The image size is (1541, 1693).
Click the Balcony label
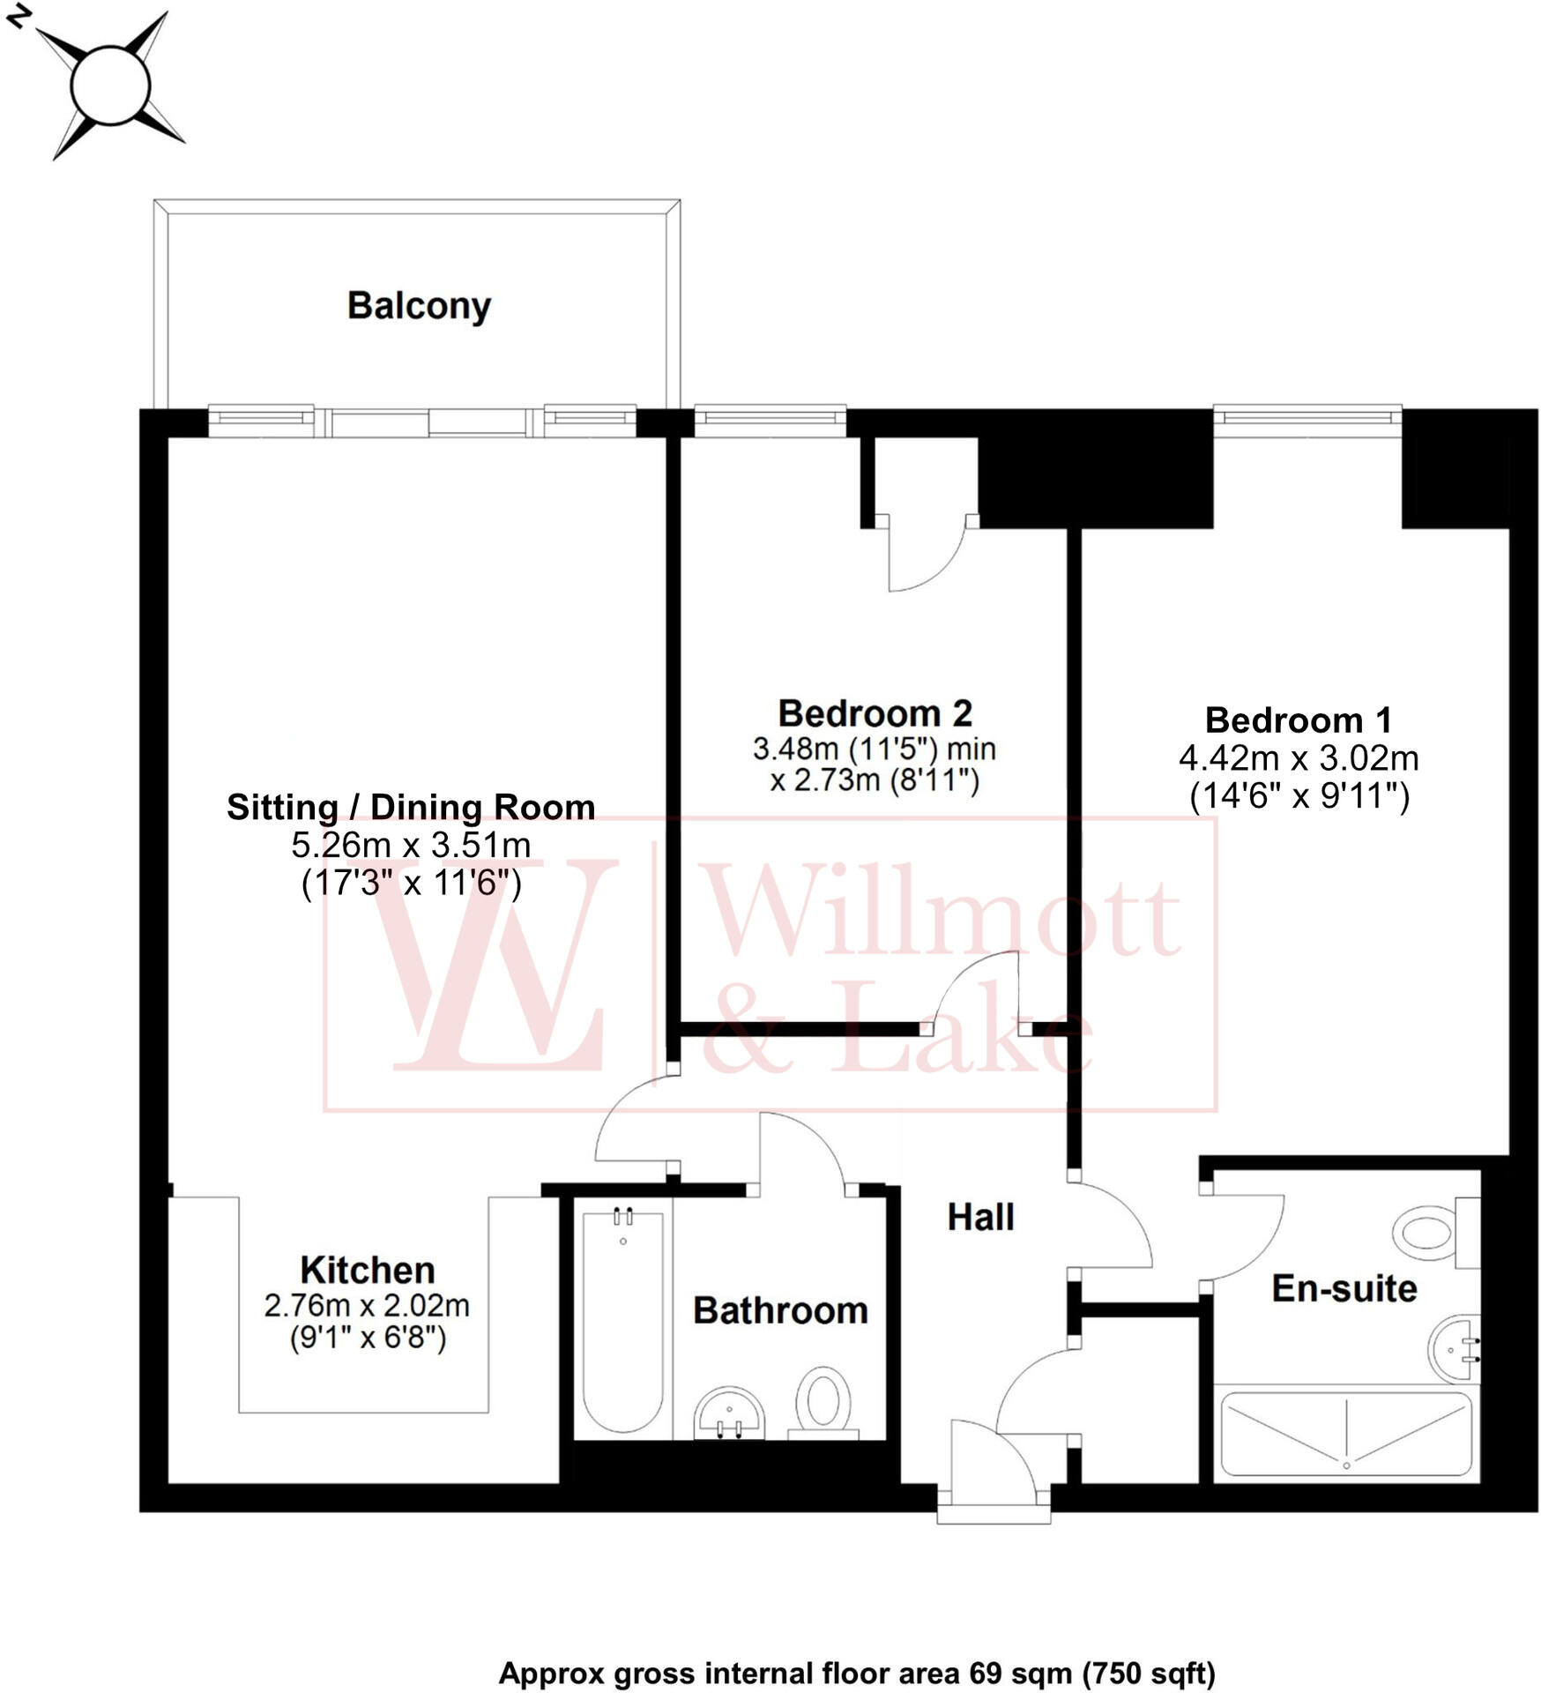pos(419,306)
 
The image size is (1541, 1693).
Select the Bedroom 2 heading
pos(875,712)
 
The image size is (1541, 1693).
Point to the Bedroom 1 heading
pos(1298,720)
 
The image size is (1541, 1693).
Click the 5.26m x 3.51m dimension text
pos(411,845)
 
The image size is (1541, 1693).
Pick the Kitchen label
pos(368,1270)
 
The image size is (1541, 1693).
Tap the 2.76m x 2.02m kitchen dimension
pos(367,1305)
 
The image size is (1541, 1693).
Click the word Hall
pos(980,1217)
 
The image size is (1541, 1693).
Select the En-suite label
pos(1344,1289)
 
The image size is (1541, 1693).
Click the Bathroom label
pos(780,1310)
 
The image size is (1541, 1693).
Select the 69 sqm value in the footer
pos(1021,1673)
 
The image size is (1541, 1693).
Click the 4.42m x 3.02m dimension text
pos(1298,757)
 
